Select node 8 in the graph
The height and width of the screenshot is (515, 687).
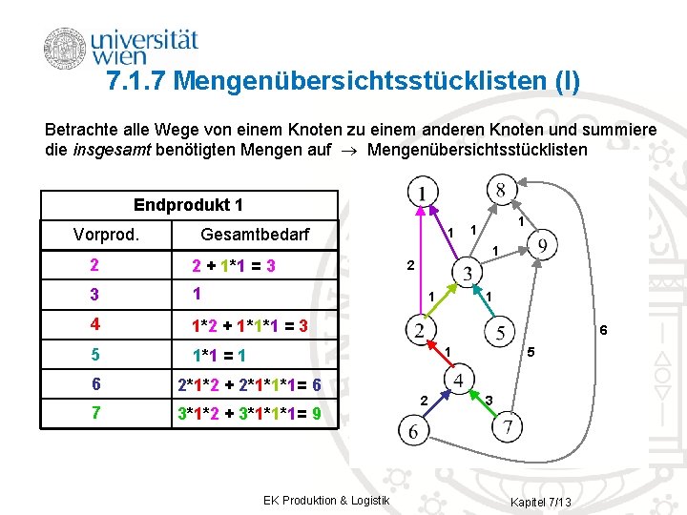502,188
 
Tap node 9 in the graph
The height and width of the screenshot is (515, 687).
542,247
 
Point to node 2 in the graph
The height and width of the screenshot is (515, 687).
421,332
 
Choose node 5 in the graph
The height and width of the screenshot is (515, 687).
502,332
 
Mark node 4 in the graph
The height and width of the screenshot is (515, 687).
461,381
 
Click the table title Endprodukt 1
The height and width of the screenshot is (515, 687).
189,205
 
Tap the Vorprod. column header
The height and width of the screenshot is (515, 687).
106,235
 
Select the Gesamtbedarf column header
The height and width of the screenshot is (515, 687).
255,235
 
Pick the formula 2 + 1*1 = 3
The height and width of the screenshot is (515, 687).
234,266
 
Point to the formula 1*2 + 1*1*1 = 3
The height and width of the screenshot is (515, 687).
249,326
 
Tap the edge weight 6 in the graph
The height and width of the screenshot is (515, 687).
603,330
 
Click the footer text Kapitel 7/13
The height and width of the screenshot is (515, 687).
541,503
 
